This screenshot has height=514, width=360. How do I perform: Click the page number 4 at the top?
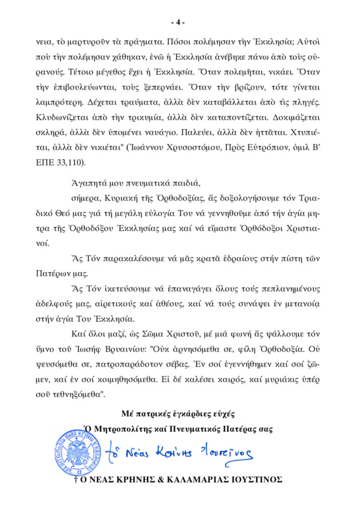click(x=178, y=23)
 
